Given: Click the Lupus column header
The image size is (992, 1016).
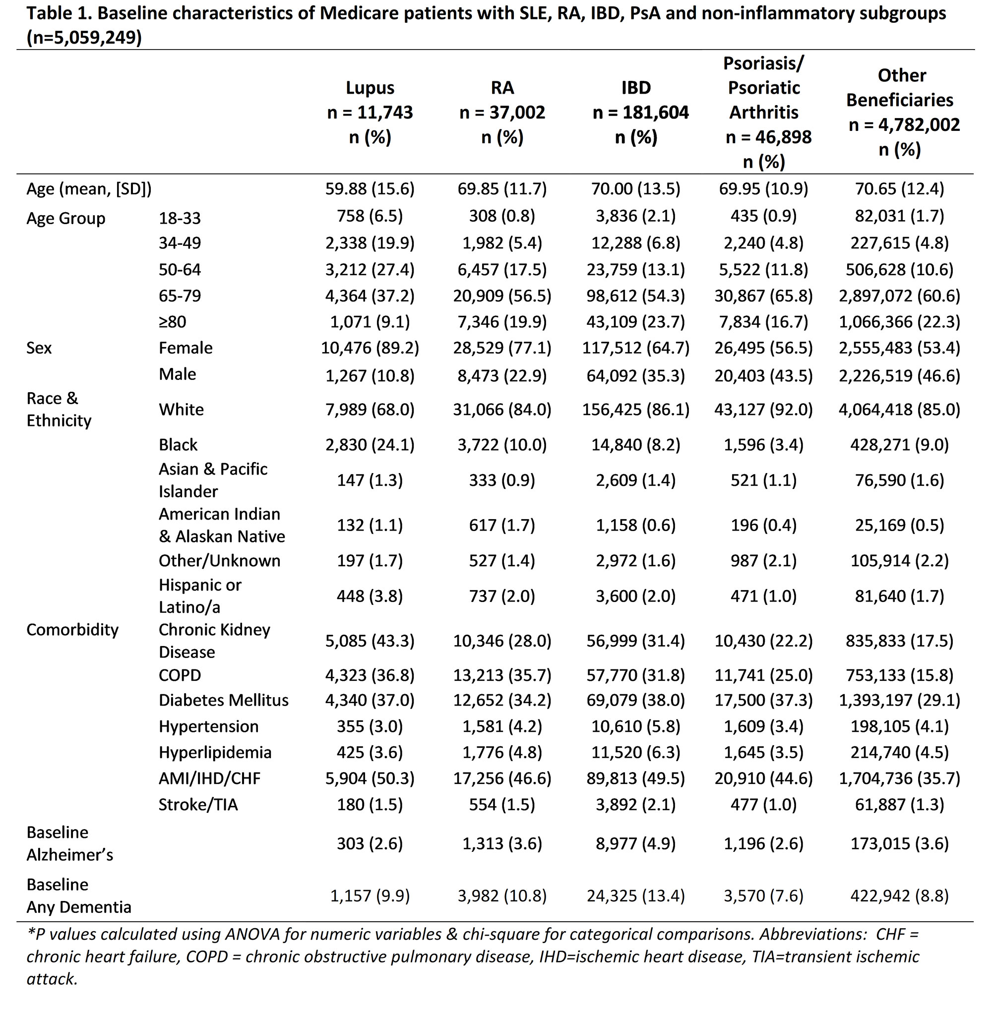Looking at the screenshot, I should point(370,112).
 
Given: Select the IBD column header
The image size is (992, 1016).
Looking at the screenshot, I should point(636,112).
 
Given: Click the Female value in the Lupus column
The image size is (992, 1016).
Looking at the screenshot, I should point(370,348).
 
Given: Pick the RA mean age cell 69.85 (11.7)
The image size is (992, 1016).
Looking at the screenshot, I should point(502,188).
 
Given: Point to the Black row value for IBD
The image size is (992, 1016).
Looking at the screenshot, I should point(636,445).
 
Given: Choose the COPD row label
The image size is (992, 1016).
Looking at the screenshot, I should point(180,675).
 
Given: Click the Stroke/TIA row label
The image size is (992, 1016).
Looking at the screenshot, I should point(198,805).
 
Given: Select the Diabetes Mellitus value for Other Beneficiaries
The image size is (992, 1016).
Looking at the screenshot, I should point(899,700).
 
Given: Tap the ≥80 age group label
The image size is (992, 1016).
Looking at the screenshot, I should point(173,322).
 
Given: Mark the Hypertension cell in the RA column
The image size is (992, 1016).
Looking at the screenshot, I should point(502,726).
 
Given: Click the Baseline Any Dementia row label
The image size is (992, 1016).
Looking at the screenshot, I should point(79,896).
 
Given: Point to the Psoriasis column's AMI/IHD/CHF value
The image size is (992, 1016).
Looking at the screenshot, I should point(764,778).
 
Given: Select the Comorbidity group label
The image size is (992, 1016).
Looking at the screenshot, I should point(72,630).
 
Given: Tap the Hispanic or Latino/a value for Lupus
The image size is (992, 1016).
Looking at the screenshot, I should point(370,596).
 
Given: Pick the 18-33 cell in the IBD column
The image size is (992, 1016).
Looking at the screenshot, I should point(636,216).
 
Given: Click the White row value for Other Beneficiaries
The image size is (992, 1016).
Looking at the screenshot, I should point(899,409).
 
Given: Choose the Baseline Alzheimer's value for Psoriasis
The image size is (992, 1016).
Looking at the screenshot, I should point(764,843).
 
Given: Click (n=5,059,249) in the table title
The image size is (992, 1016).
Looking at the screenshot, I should point(84,38).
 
